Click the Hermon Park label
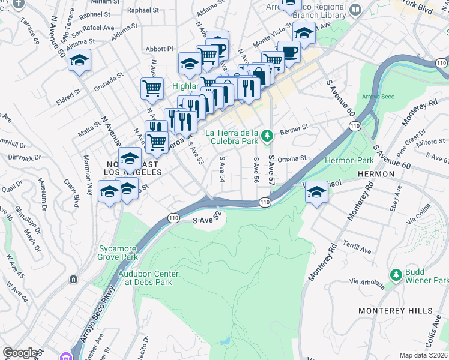(349, 160)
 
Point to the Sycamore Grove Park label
(118, 253)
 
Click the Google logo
(19, 353)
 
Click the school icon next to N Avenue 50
(79, 61)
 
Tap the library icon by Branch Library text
(355, 10)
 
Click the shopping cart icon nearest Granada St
(152, 88)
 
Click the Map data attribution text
(424, 355)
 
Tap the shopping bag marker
(259, 75)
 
